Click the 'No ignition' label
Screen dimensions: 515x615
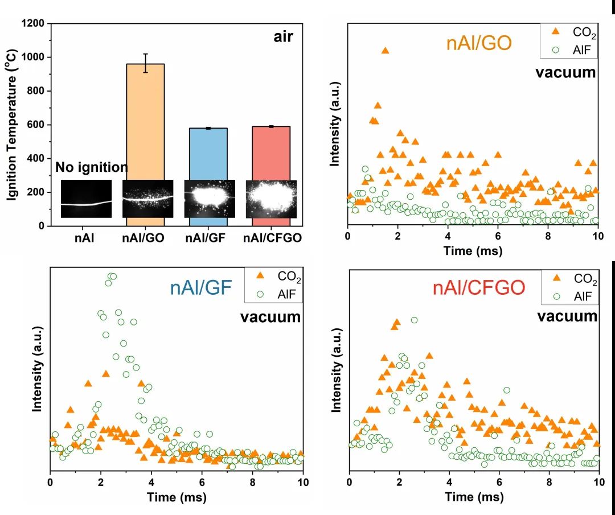[x=91, y=167]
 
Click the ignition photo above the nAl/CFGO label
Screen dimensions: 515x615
[x=270, y=199]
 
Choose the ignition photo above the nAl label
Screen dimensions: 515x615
[x=86, y=199]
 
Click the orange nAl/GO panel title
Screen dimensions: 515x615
[x=478, y=43]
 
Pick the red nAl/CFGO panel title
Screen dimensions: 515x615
[x=478, y=288]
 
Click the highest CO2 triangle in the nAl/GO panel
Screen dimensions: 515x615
[x=385, y=51]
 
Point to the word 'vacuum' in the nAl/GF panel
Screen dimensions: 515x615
[x=270, y=316]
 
